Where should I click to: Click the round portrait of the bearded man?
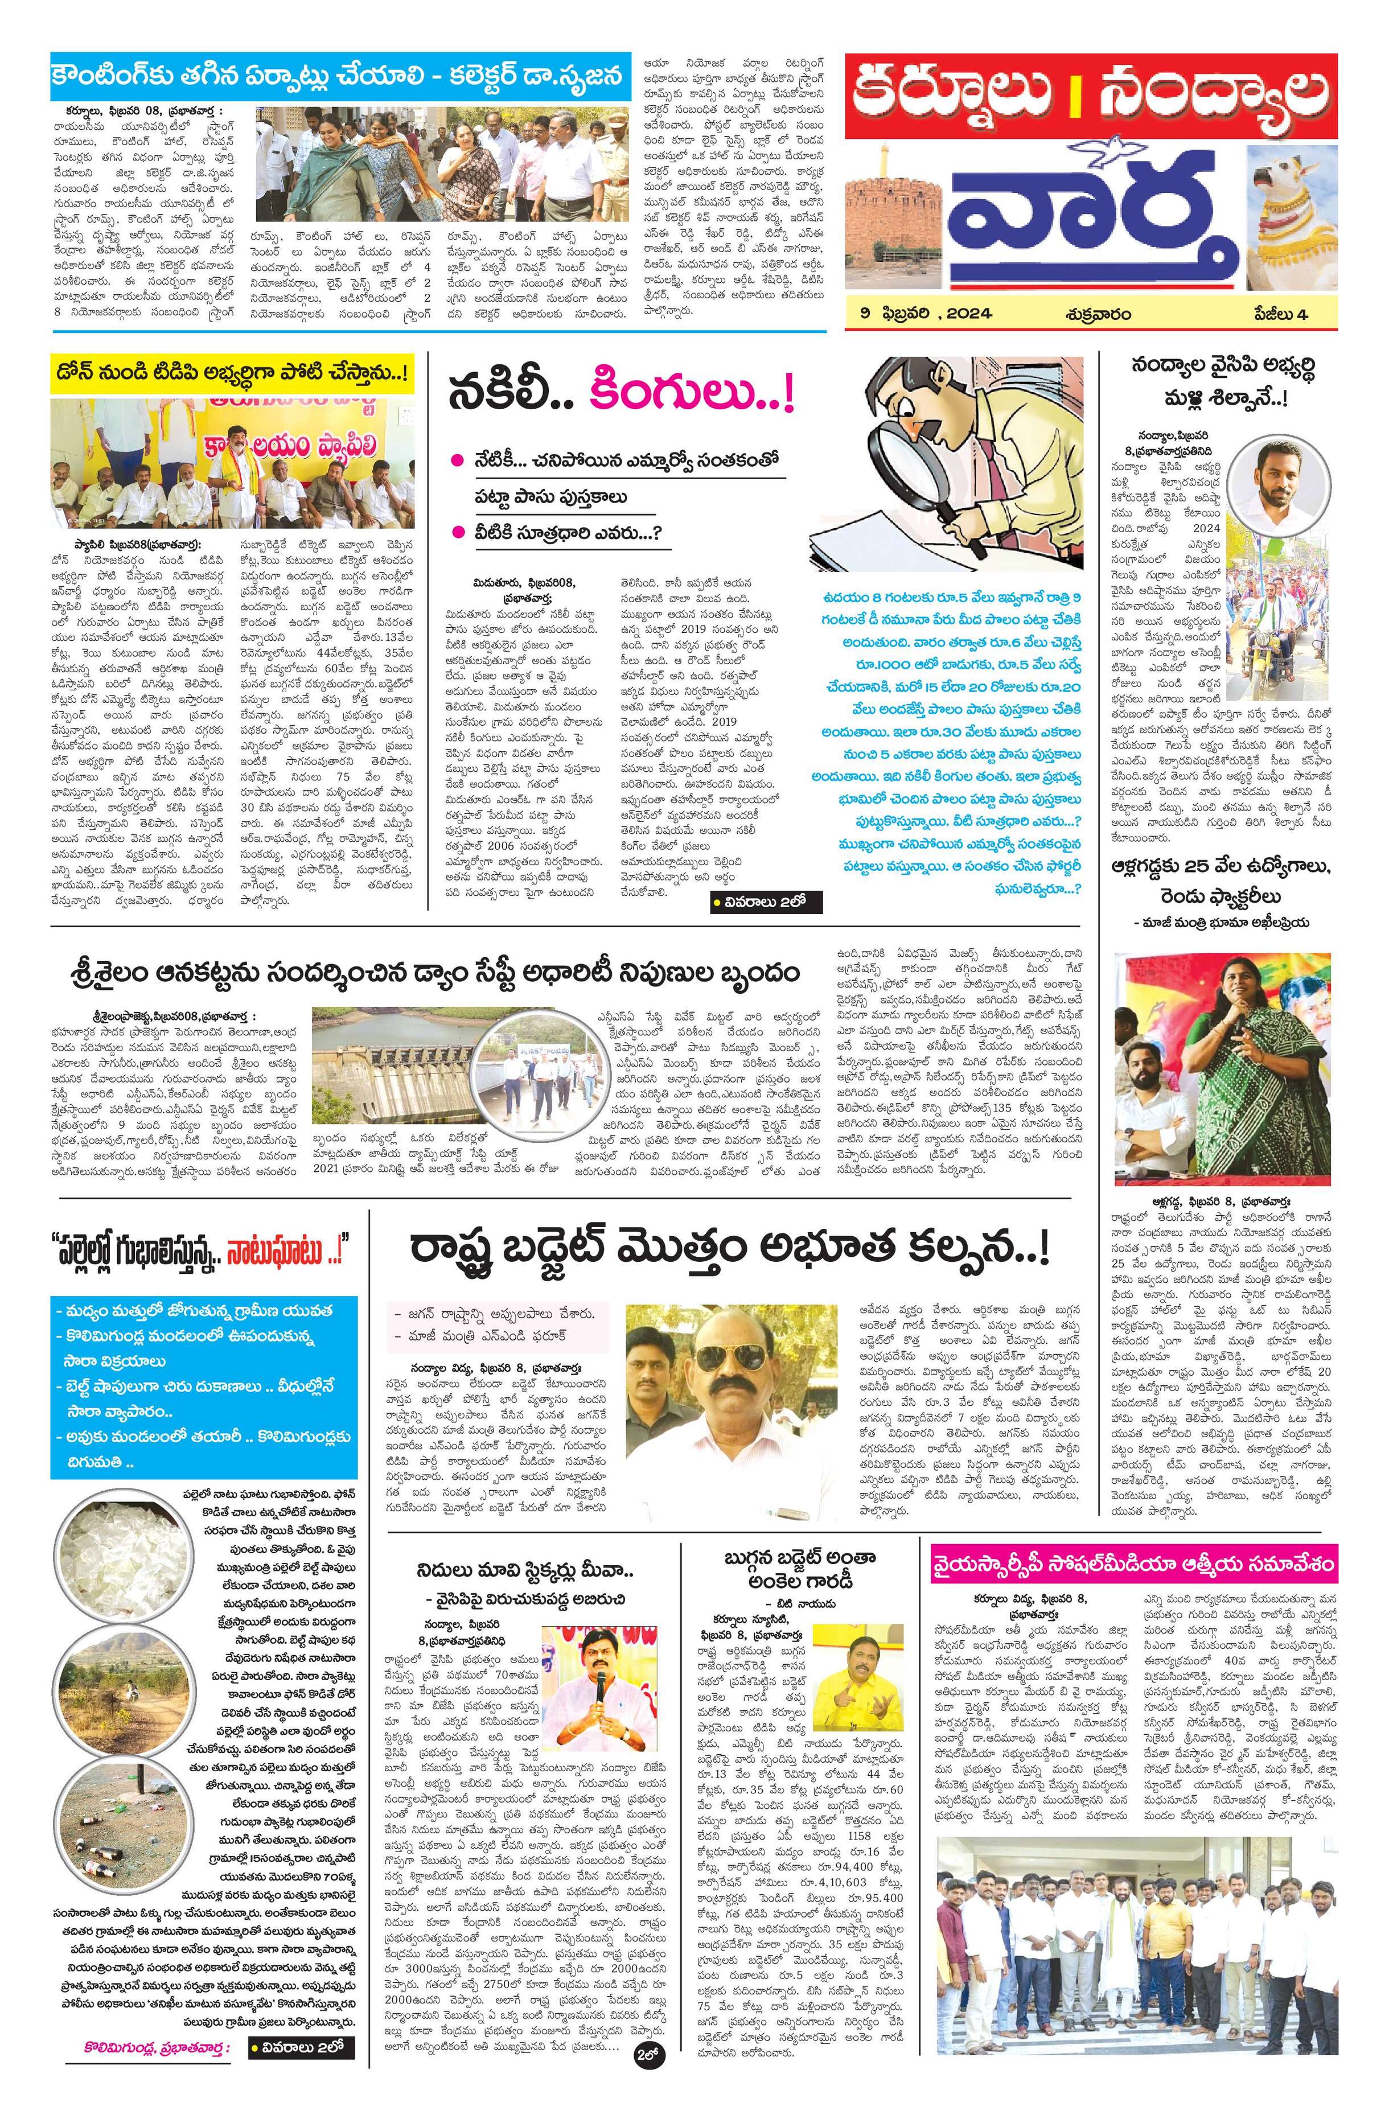pyautogui.click(x=1268, y=477)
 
